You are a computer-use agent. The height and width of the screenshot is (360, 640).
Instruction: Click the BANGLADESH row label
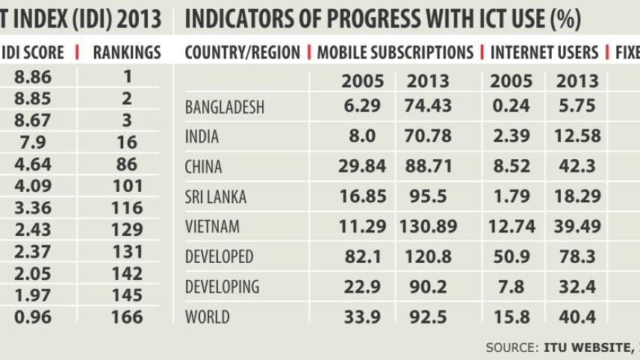pyautogui.click(x=224, y=108)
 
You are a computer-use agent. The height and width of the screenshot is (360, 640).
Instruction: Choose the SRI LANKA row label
pyautogui.click(x=214, y=198)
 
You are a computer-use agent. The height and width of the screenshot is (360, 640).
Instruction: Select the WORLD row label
pyautogui.click(x=207, y=317)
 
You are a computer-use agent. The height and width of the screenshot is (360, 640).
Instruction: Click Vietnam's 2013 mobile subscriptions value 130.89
pyautogui.click(x=428, y=226)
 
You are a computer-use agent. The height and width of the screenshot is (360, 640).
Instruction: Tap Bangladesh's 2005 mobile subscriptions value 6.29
pyautogui.click(x=362, y=106)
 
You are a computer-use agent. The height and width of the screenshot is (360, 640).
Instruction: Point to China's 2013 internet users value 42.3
pyautogui.click(x=577, y=167)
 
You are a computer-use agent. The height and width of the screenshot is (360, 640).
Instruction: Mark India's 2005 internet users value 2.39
pyautogui.click(x=511, y=136)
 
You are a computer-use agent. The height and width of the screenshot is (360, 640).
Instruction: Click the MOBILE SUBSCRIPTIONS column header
pyautogui.click(x=395, y=53)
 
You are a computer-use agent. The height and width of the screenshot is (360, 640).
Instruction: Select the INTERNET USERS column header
pyautogui.click(x=544, y=53)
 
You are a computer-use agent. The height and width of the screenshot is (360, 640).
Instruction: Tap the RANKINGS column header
pyautogui.click(x=127, y=53)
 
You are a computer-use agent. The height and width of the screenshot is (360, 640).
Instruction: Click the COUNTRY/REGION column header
pyautogui.click(x=242, y=53)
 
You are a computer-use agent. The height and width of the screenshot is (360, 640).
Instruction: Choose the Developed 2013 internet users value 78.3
pyautogui.click(x=577, y=257)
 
